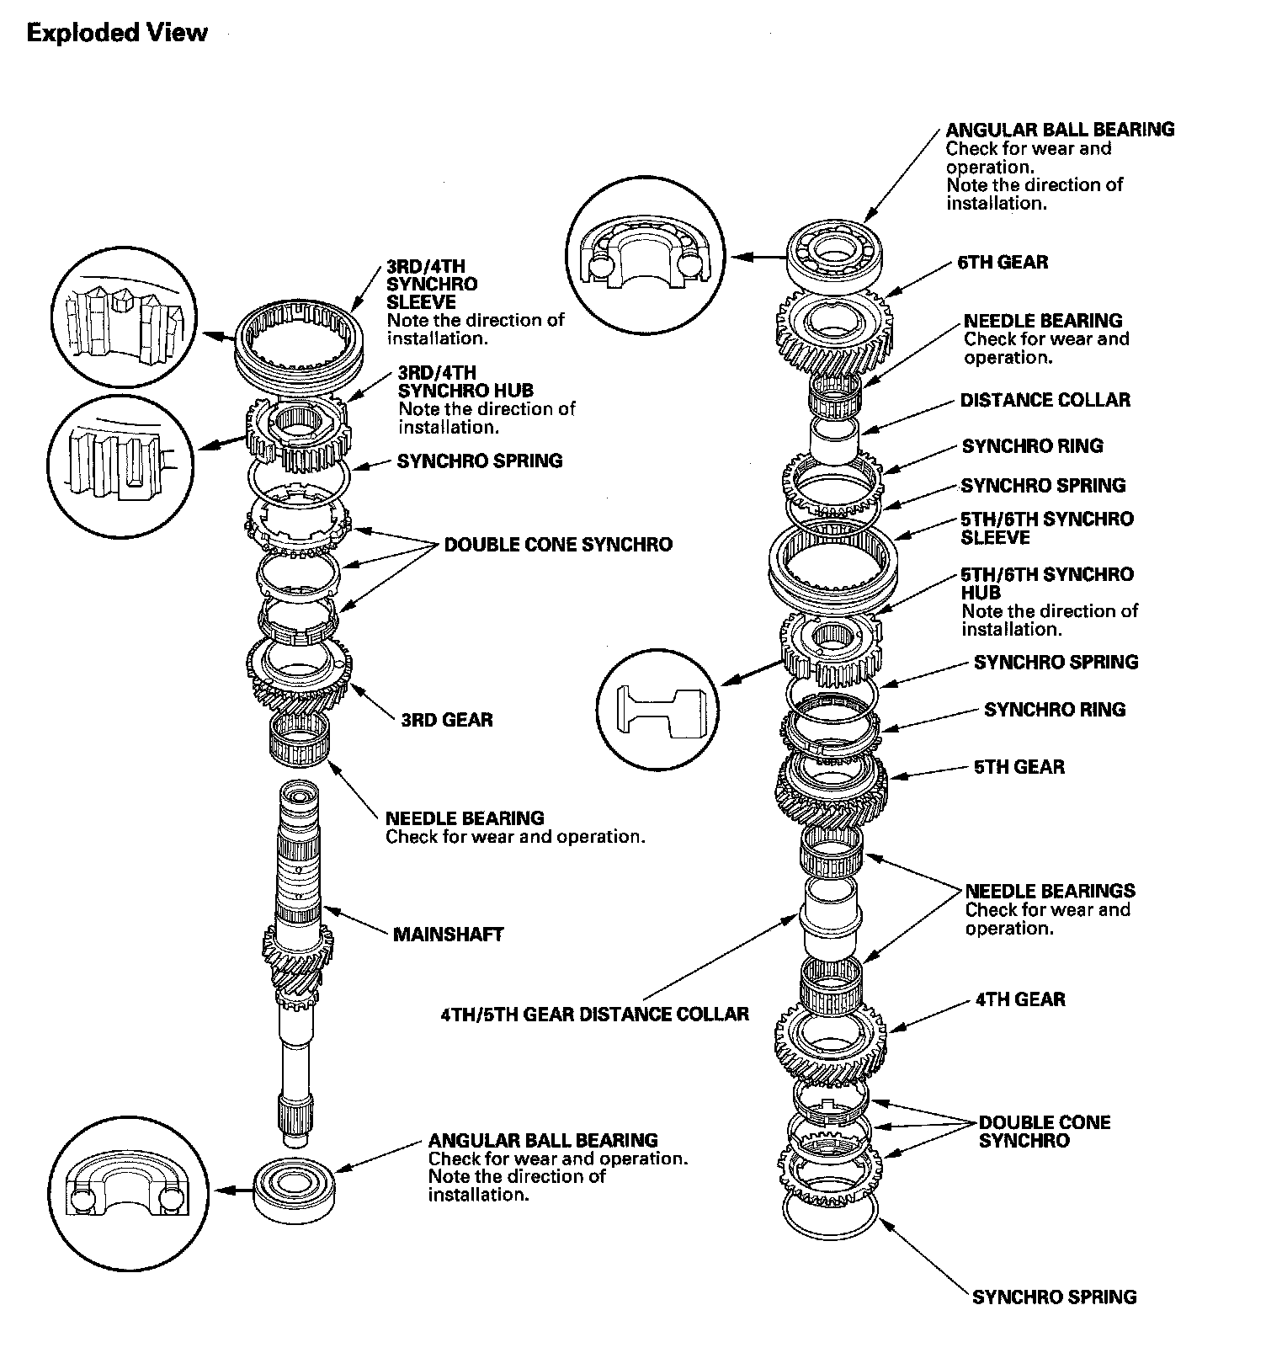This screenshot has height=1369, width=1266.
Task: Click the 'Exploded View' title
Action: [x=117, y=33]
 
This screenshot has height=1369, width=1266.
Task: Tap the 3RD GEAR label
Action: [x=446, y=720]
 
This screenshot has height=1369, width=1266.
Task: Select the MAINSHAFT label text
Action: [x=448, y=934]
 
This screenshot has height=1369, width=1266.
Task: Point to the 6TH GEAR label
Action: [x=1003, y=262]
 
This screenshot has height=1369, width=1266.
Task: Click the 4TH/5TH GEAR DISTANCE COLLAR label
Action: [x=594, y=1014]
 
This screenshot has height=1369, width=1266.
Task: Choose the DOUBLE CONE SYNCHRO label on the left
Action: [x=558, y=545]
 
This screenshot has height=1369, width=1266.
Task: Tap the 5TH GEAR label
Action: [x=1019, y=767]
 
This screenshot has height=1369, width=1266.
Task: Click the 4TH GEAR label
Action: [x=1020, y=999]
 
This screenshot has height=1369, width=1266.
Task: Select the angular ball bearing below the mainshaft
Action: [x=295, y=1189]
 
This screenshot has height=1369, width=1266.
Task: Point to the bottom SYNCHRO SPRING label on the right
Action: [x=1054, y=1297]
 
